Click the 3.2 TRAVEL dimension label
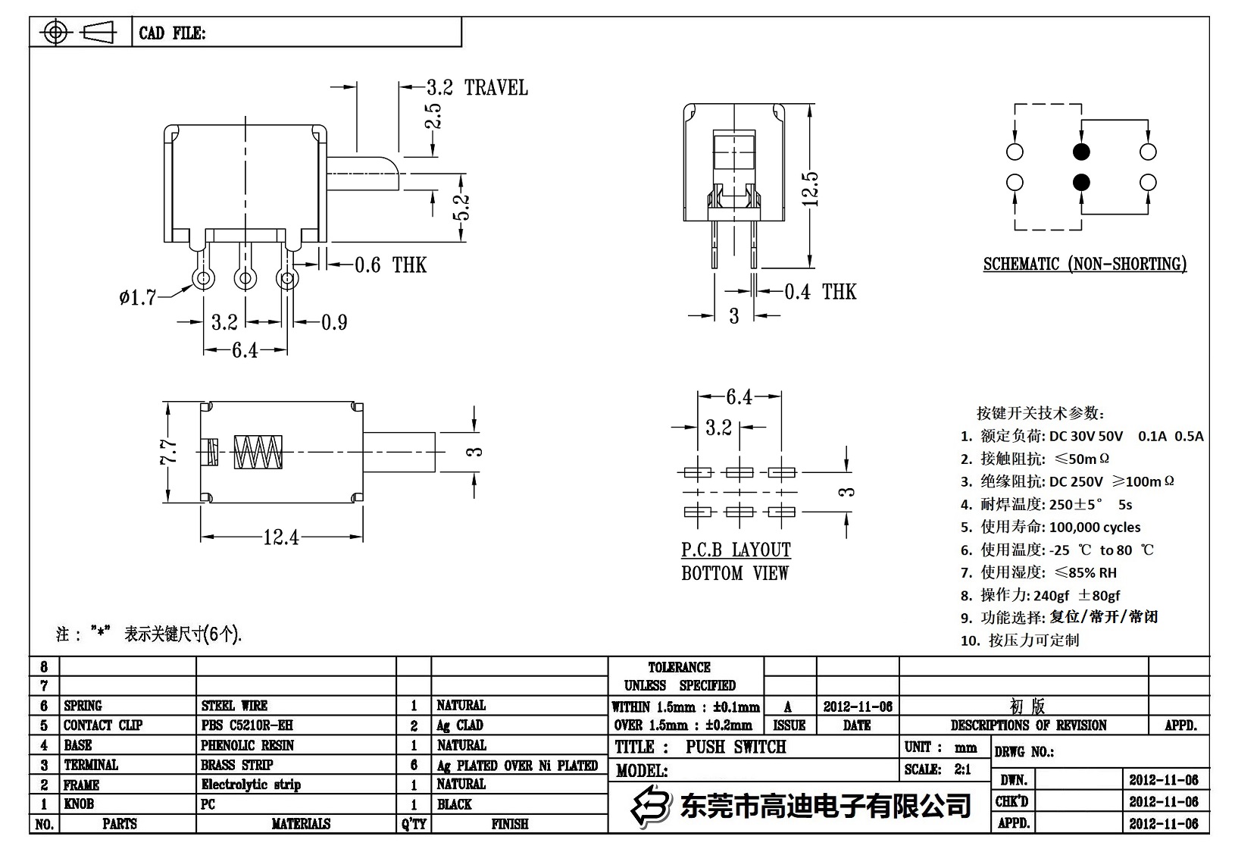pos(477,88)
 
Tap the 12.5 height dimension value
pos(810,189)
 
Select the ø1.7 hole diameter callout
pos(137,298)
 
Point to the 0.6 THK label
pos(390,265)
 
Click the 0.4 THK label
pos(820,292)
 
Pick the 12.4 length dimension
pos(280,537)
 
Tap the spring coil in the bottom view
pos(258,453)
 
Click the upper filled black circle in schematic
pos(1081,152)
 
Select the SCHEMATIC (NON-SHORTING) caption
pos(1084,265)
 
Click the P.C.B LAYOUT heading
pos(736,550)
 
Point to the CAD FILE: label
pos(172,33)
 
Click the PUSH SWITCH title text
pos(736,747)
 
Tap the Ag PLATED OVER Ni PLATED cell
pos(517,766)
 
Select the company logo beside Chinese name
pos(652,805)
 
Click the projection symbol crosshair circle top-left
pos(55,33)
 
